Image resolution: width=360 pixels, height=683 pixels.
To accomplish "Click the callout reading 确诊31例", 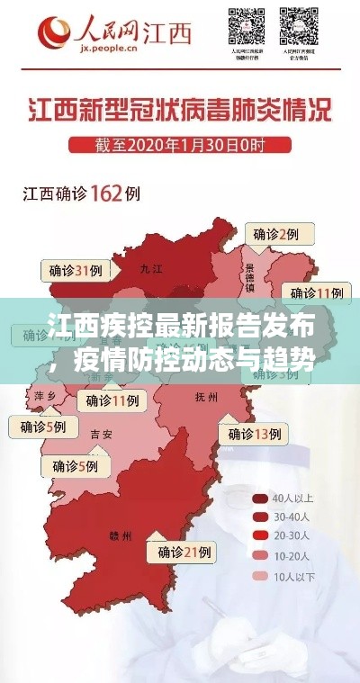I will click(x=76, y=270).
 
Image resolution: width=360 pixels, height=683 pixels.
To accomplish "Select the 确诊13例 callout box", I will click(x=256, y=434).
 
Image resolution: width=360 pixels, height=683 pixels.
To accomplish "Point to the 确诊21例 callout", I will click(x=184, y=551).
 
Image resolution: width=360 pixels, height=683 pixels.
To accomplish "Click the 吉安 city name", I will click(x=101, y=434).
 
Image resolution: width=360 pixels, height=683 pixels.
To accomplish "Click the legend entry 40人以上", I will click(x=286, y=498).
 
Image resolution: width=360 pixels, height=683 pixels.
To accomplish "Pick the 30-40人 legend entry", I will click(x=286, y=517).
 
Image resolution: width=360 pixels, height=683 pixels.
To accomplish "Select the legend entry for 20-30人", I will click(x=286, y=536).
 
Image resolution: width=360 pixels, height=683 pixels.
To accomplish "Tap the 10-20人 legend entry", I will click(x=286, y=556).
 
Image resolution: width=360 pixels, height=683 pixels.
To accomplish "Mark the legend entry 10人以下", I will click(x=286, y=576).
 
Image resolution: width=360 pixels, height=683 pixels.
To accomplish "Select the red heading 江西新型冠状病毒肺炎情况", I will click(x=179, y=114).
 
